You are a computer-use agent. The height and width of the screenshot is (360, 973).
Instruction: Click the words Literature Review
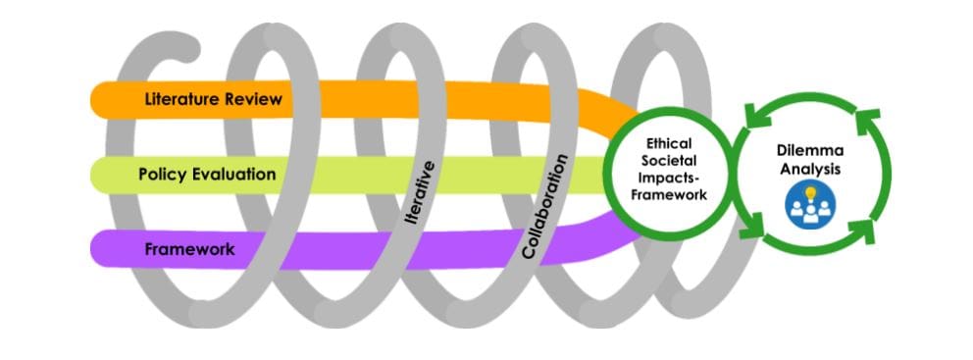coord(213,99)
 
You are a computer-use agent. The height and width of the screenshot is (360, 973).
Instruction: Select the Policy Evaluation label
coord(207,175)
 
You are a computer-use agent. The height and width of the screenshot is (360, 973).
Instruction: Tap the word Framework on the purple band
coord(189,249)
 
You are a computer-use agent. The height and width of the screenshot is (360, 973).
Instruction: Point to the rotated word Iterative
coord(420,195)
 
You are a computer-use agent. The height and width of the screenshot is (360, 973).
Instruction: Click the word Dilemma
coord(809,151)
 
